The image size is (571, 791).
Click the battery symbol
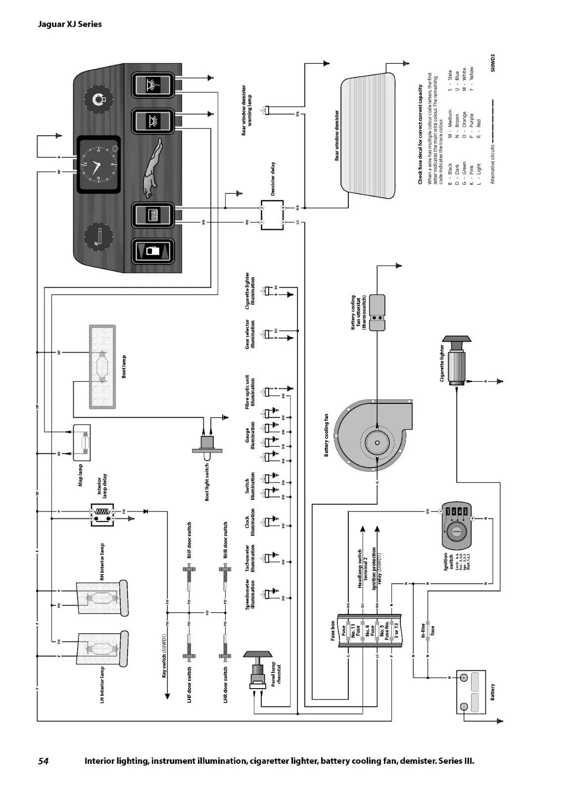click(471, 692)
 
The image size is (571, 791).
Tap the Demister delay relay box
click(273, 215)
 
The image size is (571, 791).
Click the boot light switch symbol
click(207, 442)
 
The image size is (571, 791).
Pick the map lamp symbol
click(82, 439)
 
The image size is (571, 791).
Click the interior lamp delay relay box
click(102, 515)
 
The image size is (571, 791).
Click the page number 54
click(43, 761)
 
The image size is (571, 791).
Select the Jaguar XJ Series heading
click(70, 24)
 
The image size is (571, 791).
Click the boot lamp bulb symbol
click(102, 367)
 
